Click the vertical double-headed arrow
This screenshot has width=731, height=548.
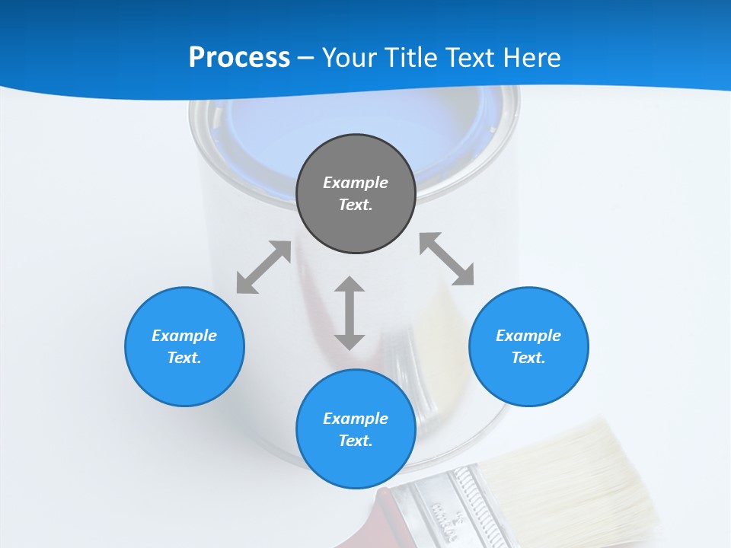click(x=350, y=313)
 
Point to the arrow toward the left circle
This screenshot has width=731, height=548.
click(x=263, y=267)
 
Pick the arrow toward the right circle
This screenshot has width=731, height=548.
click(x=447, y=259)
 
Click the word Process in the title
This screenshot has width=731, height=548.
click(x=239, y=58)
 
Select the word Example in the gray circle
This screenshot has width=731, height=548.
click(x=356, y=183)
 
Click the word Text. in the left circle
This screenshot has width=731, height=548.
click(x=184, y=358)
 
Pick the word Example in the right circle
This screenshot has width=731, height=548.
click(x=528, y=336)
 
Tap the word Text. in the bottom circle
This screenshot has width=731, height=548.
click(x=356, y=441)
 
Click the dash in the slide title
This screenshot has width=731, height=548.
click(x=306, y=58)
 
